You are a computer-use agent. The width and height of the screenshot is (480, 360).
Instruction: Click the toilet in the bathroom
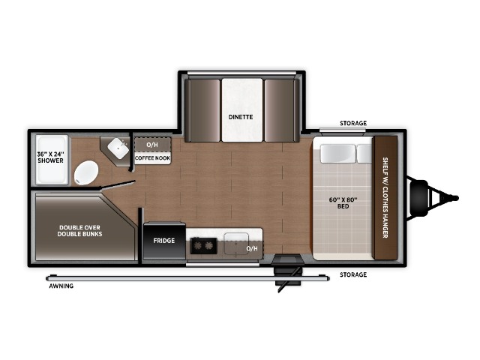pos(86,173)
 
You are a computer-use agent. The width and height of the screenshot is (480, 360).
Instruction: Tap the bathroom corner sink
pos(118,148)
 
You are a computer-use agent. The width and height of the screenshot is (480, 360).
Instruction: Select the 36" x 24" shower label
pos(50,157)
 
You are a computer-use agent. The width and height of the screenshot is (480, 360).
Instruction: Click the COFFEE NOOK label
pos(152,158)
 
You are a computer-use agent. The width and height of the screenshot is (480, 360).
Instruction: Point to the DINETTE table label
pos(241,117)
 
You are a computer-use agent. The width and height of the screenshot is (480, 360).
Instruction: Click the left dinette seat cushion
pos(202,110)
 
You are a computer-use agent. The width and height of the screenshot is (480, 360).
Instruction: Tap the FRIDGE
pos(164,241)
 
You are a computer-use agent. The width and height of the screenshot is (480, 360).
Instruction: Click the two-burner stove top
pos(204,245)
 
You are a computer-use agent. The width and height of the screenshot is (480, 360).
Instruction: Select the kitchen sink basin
pos(236,243)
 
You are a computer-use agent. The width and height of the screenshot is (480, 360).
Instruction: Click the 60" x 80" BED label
pos(343,203)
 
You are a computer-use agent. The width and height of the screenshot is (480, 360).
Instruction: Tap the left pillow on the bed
pos(338,153)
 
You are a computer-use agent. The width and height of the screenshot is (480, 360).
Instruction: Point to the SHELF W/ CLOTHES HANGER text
pos(385,197)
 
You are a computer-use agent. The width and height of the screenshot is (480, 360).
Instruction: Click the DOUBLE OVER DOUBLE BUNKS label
pos(80,231)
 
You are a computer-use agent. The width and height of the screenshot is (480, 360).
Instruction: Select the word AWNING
pos(61,286)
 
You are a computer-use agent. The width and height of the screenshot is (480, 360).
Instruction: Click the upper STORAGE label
pos(353,123)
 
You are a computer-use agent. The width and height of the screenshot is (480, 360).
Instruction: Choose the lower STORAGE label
pos(353,274)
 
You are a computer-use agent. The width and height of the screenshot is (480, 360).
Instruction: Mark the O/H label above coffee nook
pos(152,145)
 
